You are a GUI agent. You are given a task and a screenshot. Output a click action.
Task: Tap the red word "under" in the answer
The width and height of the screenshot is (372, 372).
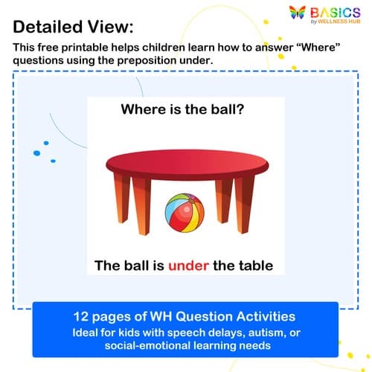pos(192,264)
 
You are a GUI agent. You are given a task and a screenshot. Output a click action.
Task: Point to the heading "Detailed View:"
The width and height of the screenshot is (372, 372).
pos(74,27)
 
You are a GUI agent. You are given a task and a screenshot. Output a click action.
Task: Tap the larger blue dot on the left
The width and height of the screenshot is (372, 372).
pos(45,142)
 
